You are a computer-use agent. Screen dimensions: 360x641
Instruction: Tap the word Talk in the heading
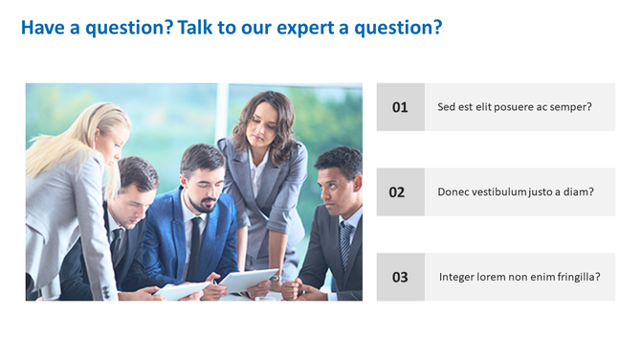click(x=196, y=28)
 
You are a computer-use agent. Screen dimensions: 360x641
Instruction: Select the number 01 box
click(x=400, y=107)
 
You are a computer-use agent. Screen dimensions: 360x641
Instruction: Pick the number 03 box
click(x=400, y=277)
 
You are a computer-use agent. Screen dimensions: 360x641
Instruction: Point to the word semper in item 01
click(x=570, y=107)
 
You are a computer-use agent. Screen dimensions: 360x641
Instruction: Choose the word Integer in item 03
click(x=458, y=277)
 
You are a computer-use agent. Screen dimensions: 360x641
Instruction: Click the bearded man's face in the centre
click(x=201, y=177)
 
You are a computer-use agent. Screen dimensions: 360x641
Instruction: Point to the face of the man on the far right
click(x=337, y=183)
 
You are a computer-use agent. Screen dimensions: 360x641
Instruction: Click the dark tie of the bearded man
click(x=195, y=244)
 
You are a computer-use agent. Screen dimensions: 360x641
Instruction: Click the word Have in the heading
click(x=41, y=28)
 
